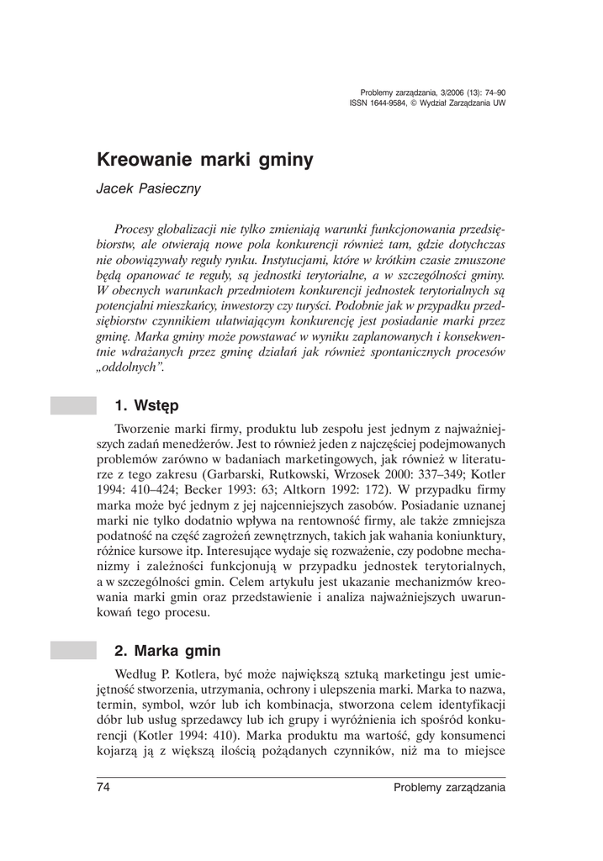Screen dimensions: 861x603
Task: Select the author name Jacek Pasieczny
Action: point(148,188)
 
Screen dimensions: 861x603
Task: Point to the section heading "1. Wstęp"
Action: point(146,406)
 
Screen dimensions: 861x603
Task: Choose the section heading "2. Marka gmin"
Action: point(167,651)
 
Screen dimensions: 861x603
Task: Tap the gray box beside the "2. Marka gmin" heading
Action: point(73,651)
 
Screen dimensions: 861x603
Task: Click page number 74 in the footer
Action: point(105,788)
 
